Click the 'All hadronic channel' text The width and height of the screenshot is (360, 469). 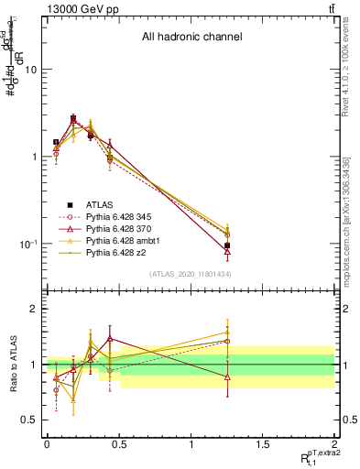coord(191,38)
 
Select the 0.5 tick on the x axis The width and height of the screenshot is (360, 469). coord(118,444)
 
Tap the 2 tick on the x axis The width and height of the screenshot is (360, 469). coord(334,444)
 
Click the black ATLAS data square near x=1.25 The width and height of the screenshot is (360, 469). coord(227,245)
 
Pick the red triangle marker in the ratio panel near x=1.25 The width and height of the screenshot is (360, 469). coord(227,377)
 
